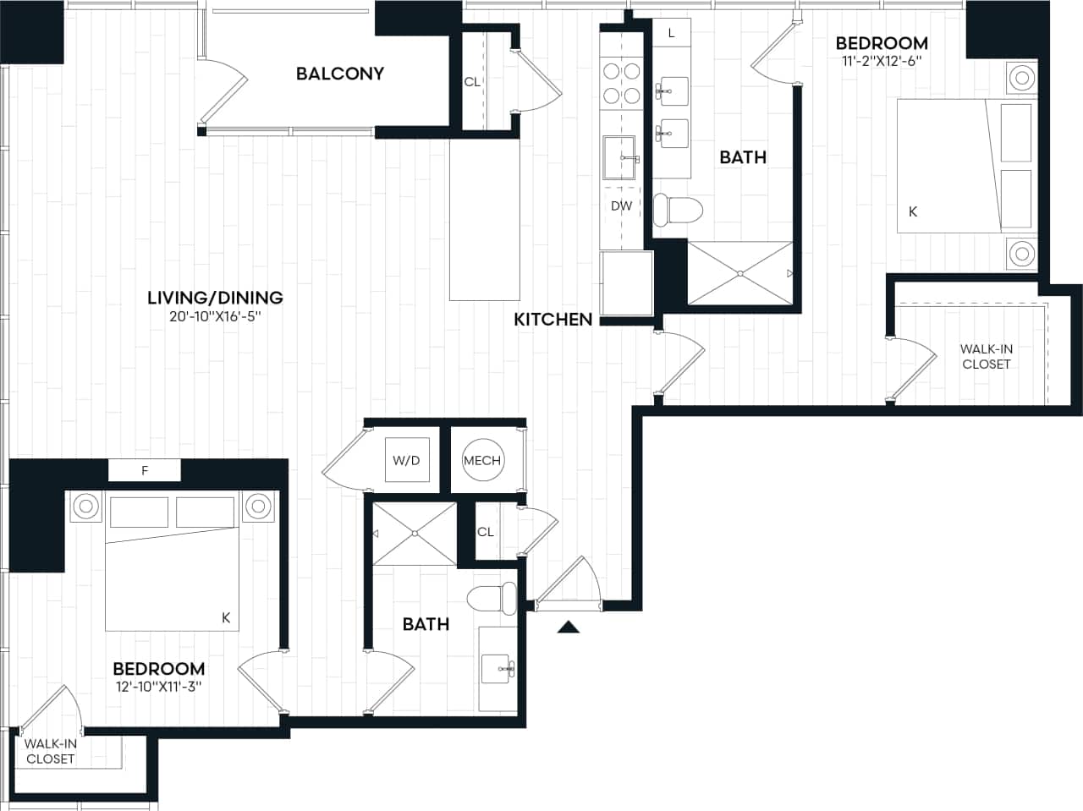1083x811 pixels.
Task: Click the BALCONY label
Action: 339,74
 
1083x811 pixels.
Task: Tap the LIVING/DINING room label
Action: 215,298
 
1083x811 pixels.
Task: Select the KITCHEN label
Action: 553,320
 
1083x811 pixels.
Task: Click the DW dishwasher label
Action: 621,205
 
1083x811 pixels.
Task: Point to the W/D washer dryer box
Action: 406,461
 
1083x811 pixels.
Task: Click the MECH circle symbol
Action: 482,461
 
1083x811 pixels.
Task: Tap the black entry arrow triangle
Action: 569,627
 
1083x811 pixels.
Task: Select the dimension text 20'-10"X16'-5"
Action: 215,318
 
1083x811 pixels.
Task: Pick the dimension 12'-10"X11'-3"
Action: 159,687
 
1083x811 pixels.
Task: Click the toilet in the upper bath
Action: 679,209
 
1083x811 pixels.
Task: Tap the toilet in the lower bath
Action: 493,599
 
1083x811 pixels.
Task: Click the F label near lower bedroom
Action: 145,471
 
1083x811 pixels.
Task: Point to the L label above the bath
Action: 671,34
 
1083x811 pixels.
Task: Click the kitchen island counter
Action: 484,220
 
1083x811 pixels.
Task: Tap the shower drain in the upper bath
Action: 740,273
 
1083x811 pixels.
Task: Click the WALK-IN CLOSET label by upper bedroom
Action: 986,356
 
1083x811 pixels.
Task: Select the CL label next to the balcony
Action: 472,82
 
